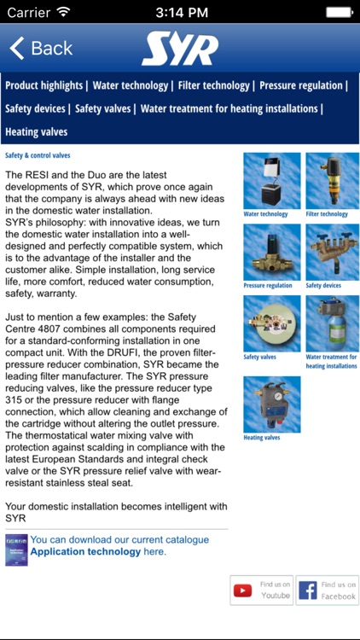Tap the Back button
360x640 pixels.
point(41,48)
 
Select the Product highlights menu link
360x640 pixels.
point(44,85)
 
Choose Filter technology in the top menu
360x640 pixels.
point(213,85)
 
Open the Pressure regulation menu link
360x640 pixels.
point(301,85)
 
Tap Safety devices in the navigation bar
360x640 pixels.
point(35,108)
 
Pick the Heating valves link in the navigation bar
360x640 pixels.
point(37,131)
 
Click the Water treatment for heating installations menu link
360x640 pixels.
point(229,108)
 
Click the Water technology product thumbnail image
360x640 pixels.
point(272,181)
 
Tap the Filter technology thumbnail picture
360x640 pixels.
point(332,181)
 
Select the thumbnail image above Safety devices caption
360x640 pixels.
point(332,253)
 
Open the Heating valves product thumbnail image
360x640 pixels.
point(272,404)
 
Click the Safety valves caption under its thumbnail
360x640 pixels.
point(259,358)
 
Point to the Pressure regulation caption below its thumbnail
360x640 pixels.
point(268,286)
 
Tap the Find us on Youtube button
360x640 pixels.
point(261,591)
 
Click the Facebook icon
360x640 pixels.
point(308,591)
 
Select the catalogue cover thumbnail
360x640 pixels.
point(16,550)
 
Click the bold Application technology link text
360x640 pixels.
point(85,552)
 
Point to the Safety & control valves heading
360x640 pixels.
point(38,155)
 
